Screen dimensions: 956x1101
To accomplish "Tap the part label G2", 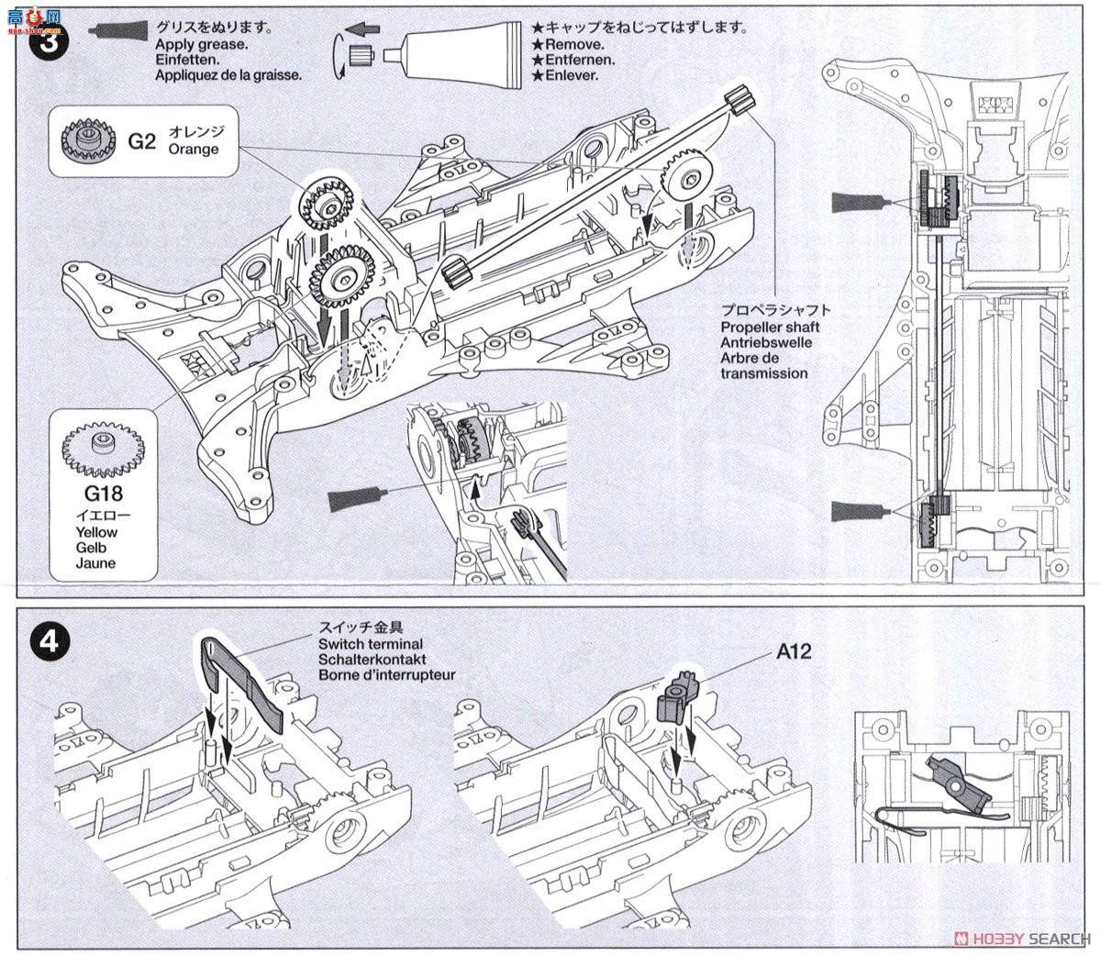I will click(142, 140).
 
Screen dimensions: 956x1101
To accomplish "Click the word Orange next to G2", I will click(194, 149).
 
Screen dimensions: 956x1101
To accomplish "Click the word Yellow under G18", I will click(96, 532).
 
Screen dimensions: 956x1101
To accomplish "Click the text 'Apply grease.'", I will click(201, 44).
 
